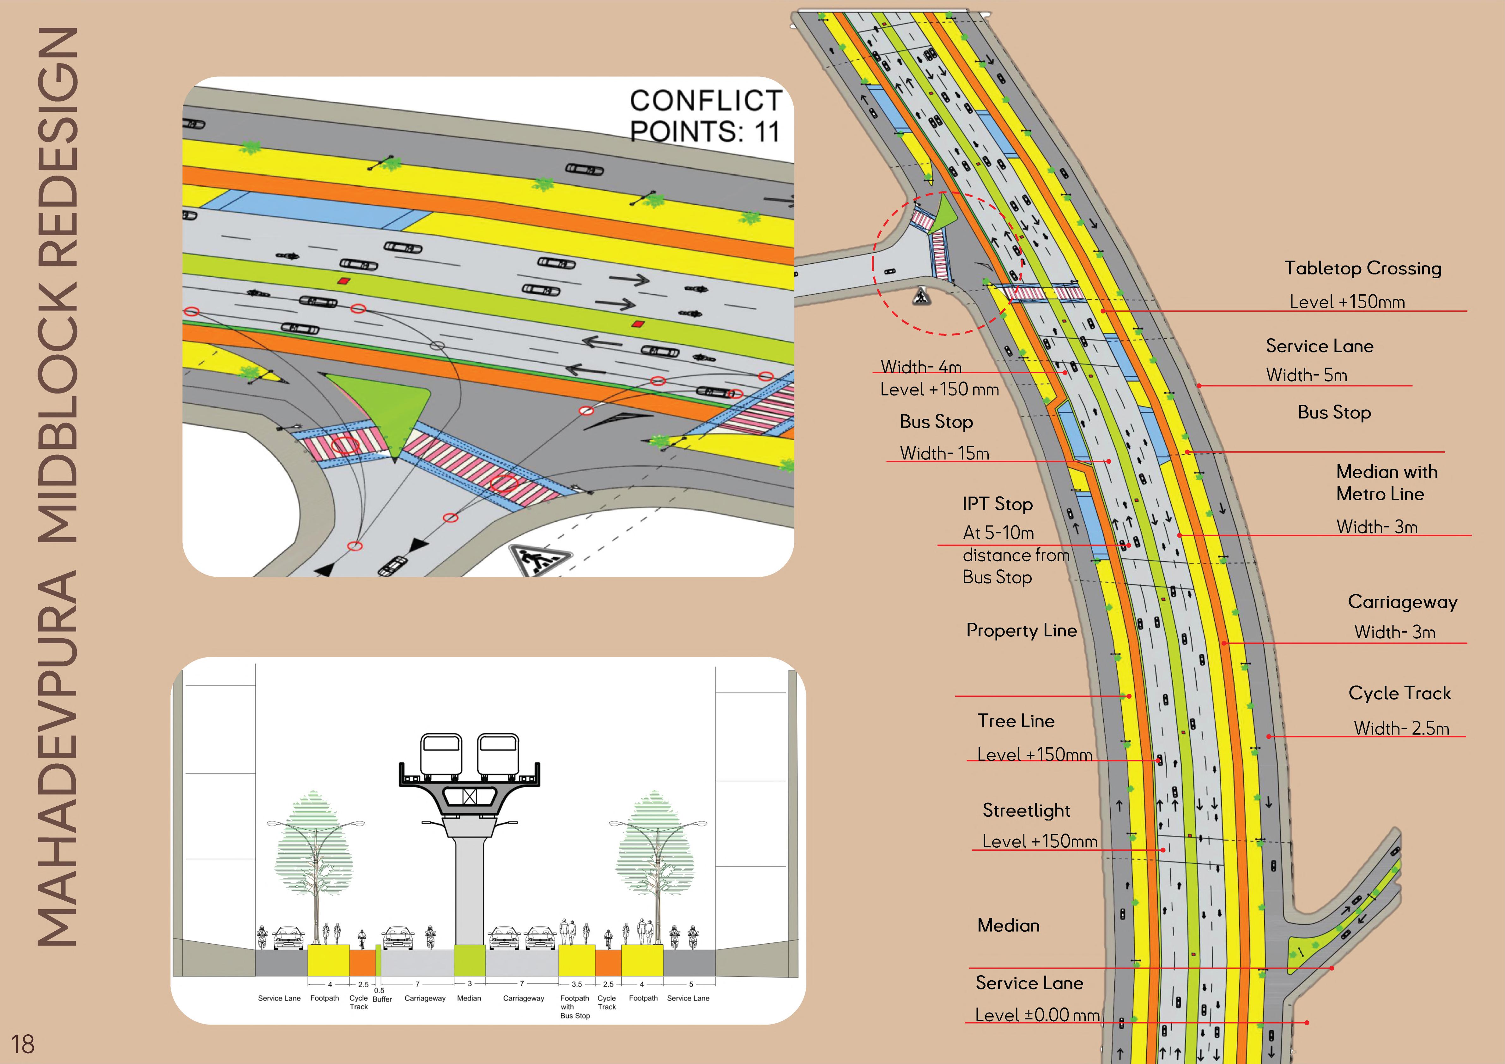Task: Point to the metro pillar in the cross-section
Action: (x=469, y=891)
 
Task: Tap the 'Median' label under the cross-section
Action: (x=469, y=999)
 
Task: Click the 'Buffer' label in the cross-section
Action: (x=382, y=999)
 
